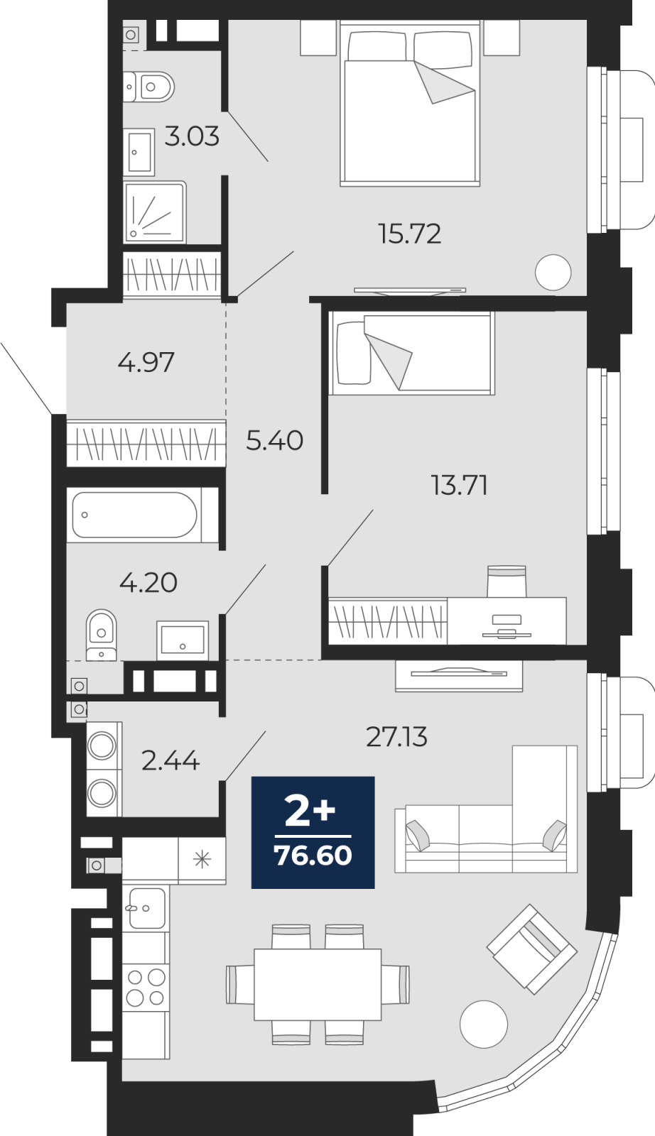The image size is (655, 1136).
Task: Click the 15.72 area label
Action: (x=409, y=234)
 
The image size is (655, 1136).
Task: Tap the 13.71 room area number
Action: (x=459, y=485)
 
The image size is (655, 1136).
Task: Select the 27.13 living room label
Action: (x=396, y=737)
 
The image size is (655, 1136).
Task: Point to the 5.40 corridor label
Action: (x=274, y=440)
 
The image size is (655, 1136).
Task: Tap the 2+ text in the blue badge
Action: (x=310, y=810)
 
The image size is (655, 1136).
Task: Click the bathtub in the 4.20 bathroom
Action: (x=135, y=515)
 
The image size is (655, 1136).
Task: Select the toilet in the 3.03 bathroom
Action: (x=150, y=87)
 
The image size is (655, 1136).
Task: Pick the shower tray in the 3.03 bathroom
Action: (x=154, y=212)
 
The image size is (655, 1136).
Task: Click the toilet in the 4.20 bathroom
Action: (x=101, y=634)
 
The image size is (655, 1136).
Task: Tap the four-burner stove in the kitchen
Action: (x=146, y=987)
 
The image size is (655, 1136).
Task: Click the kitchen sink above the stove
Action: (x=146, y=908)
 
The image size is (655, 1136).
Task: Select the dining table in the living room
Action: (x=318, y=984)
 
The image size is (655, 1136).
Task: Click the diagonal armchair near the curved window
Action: (x=531, y=948)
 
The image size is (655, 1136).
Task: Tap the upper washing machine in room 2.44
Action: (x=102, y=746)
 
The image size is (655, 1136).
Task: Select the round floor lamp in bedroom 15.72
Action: (x=553, y=272)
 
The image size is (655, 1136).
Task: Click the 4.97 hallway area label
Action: (x=146, y=362)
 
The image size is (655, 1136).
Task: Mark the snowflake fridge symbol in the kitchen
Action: (x=202, y=860)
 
